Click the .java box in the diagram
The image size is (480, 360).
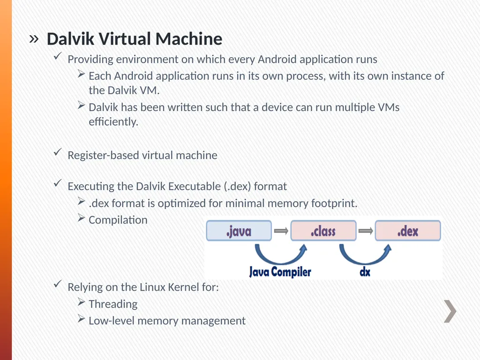pos(239,231)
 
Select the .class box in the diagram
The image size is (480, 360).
pos(323,231)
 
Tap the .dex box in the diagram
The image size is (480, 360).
pos(408,231)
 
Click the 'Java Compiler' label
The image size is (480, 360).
pos(280,272)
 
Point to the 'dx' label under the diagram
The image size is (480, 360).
pos(365,271)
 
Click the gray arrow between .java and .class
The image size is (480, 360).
pos(281,231)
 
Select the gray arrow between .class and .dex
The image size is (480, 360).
pos(366,231)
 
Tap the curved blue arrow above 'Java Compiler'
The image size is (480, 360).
pos(280,261)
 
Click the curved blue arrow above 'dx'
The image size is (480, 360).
pos(364,261)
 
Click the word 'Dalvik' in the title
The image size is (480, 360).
pos(70,39)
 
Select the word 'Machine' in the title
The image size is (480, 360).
pos(189,39)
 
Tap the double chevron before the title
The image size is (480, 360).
pos(34,39)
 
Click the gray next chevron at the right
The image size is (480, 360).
pos(450,311)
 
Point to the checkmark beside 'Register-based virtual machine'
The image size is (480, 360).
pos(58,152)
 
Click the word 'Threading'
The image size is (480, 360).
pos(113,304)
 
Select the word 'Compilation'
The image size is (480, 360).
pos(118,220)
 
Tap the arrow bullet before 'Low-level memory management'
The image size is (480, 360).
pos(81,319)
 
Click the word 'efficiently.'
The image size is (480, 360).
pos(113,122)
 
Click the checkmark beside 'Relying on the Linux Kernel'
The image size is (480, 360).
pos(58,284)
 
